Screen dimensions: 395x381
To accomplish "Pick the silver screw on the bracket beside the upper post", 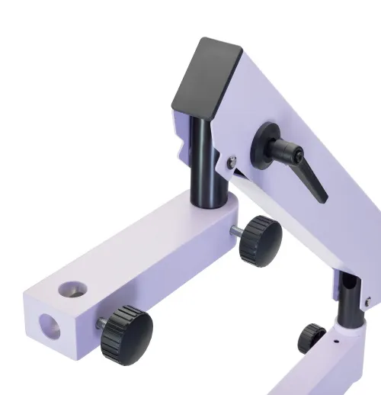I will click(231, 159).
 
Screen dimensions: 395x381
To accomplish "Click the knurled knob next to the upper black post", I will click(259, 239).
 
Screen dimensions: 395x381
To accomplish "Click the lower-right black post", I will click(347, 301).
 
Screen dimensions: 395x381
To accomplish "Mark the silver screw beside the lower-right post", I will click(367, 303).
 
